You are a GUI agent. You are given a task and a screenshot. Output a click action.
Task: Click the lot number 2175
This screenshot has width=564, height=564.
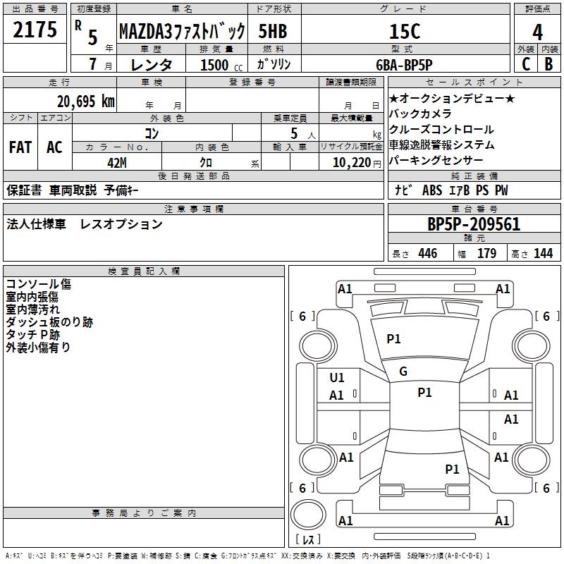pyautogui.click(x=35, y=30)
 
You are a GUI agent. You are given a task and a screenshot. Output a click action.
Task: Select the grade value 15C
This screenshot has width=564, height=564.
pyautogui.click(x=405, y=31)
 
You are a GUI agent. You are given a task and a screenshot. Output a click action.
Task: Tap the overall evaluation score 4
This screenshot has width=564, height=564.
pyautogui.click(x=537, y=32)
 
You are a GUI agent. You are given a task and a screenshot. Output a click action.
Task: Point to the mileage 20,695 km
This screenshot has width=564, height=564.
pyautogui.click(x=85, y=102)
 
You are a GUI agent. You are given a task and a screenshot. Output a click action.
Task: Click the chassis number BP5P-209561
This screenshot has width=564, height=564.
pyautogui.click(x=474, y=224)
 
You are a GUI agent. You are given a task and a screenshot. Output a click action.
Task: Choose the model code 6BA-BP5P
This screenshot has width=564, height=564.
pyautogui.click(x=404, y=65)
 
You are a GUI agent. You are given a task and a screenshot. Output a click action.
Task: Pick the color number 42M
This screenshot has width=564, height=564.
pyautogui.click(x=117, y=163)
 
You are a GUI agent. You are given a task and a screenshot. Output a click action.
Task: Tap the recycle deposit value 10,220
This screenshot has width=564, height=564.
pyautogui.click(x=351, y=163)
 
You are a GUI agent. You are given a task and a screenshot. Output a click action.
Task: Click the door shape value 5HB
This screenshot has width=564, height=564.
pyautogui.click(x=273, y=31)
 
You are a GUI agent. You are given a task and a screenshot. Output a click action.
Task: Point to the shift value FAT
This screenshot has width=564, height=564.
pyautogui.click(x=20, y=147)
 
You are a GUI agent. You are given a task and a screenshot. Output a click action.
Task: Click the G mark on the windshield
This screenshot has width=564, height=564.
pyautogui.click(x=403, y=372)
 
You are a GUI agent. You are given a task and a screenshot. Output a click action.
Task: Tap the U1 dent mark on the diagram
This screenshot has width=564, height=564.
pyautogui.click(x=337, y=378)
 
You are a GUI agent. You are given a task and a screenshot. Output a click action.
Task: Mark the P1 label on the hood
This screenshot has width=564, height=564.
pyautogui.click(x=393, y=339)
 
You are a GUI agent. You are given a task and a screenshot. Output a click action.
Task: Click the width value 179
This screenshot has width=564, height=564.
pyautogui.click(x=486, y=253)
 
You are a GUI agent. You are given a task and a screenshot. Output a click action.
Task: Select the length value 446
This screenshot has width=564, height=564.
pyautogui.click(x=428, y=253)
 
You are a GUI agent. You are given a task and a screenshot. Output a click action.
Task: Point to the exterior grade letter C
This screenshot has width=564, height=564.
pyautogui.click(x=526, y=64)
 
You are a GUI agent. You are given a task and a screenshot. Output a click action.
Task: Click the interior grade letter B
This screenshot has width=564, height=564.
pyautogui.click(x=548, y=64)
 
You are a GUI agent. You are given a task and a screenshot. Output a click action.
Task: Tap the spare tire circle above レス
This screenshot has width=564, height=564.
pyautogui.click(x=308, y=515)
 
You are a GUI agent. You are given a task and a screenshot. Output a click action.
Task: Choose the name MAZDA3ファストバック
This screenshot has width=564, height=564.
pyautogui.click(x=182, y=31)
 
